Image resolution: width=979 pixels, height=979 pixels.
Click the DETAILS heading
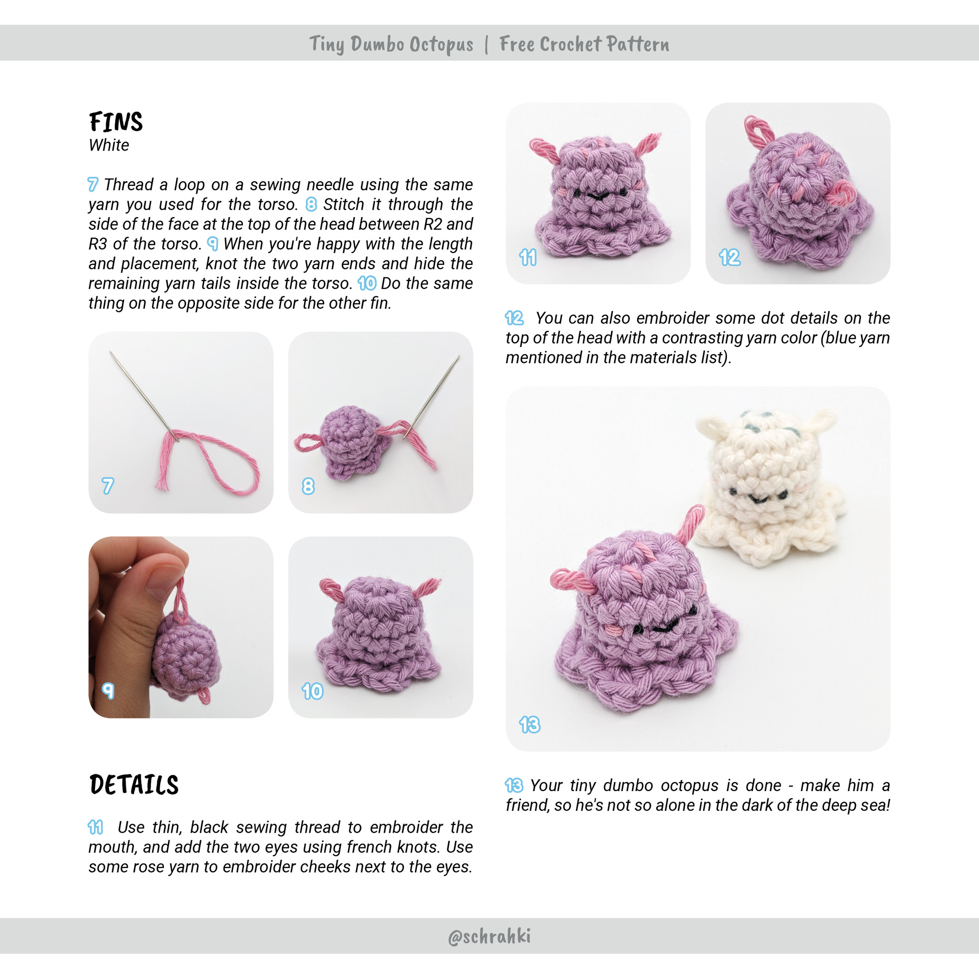click(134, 785)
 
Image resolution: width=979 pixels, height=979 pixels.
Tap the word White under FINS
click(109, 145)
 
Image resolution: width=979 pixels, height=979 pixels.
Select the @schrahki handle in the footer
click(489, 936)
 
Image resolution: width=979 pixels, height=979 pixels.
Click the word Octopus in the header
click(441, 44)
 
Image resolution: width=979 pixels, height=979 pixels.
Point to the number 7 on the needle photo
click(108, 486)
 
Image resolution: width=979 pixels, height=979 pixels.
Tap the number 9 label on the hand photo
click(108, 690)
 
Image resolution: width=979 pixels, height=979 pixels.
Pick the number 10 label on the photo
click(312, 691)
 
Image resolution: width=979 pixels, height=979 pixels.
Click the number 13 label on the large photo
click(530, 725)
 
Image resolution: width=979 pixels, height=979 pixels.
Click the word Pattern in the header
click(638, 44)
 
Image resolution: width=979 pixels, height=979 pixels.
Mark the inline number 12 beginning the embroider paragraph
click(514, 318)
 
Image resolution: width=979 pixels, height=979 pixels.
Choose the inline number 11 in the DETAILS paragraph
click(95, 827)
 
